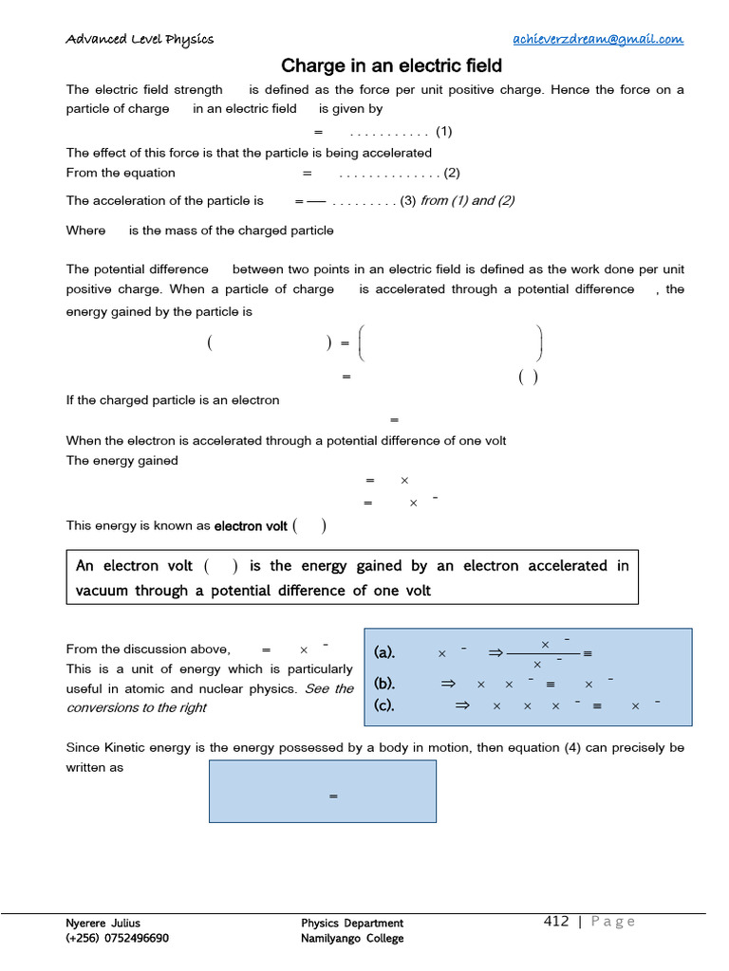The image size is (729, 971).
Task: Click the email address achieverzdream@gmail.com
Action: click(597, 39)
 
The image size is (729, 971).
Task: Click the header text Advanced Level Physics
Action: click(140, 39)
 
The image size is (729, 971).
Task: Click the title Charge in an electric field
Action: click(391, 66)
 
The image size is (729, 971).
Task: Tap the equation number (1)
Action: click(444, 131)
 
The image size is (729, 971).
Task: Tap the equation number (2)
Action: click(451, 173)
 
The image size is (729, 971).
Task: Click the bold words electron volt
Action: click(251, 525)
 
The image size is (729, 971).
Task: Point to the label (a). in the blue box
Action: click(384, 652)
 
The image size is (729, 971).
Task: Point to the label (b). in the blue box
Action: click(384, 684)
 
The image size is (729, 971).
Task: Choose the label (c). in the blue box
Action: click(384, 705)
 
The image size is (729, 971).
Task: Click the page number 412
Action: click(556, 922)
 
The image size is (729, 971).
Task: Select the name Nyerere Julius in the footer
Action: click(103, 923)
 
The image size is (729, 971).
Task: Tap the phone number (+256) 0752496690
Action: click(118, 938)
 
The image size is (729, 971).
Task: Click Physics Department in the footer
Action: click(352, 923)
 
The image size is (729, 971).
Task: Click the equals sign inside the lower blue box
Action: click(333, 797)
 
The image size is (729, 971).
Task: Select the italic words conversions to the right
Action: click(137, 707)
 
